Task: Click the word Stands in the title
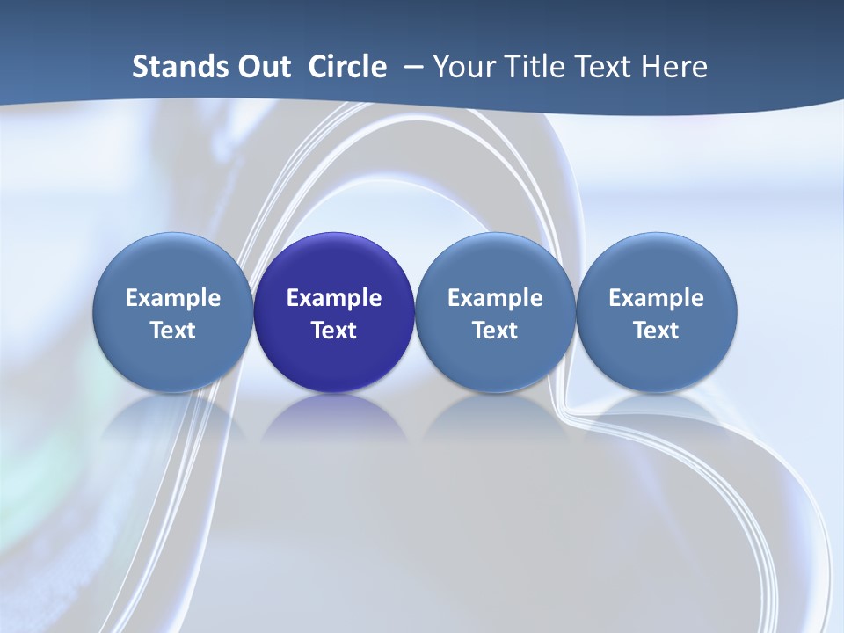click(x=172, y=67)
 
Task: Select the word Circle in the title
click(x=347, y=67)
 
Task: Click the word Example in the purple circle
click(x=334, y=298)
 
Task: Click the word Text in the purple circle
click(x=334, y=331)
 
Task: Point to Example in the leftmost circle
click(x=172, y=298)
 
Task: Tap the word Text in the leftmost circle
click(x=172, y=331)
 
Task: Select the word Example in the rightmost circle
click(x=657, y=298)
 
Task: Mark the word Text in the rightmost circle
click(x=657, y=331)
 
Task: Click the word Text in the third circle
click(x=495, y=331)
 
